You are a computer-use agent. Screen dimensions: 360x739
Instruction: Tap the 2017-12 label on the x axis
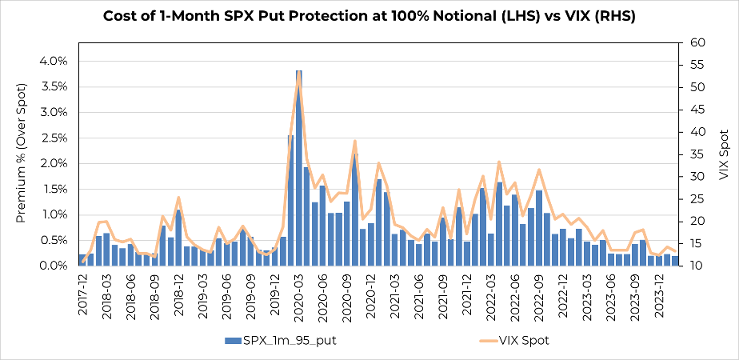click(x=83, y=294)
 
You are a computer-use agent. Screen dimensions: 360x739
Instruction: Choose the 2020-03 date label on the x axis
click(x=298, y=294)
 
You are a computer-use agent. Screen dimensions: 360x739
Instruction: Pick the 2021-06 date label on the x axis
click(x=418, y=294)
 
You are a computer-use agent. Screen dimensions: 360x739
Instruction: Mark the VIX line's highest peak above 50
click(x=298, y=78)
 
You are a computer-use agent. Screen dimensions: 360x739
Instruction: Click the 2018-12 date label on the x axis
click(x=179, y=294)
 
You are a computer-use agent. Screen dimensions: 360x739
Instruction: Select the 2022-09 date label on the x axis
click(x=537, y=294)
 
